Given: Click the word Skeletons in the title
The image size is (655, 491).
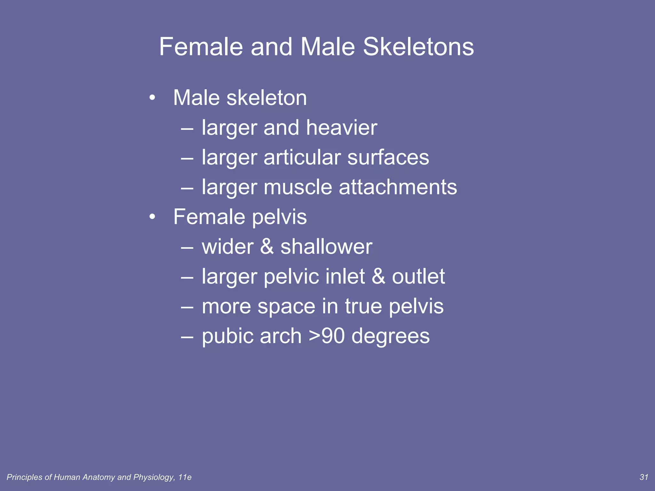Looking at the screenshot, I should pyautogui.click(x=418, y=47).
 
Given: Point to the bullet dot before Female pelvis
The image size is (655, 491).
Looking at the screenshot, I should pyautogui.click(x=152, y=217).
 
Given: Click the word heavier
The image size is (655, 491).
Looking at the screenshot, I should pyautogui.click(x=342, y=128).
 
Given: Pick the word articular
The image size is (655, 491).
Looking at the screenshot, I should pyautogui.click(x=302, y=158).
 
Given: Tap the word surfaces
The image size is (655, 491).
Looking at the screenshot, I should pyautogui.click(x=388, y=158).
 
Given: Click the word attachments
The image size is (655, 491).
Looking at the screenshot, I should pyautogui.click(x=398, y=187).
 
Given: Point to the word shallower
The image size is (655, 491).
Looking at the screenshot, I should pyautogui.click(x=326, y=247).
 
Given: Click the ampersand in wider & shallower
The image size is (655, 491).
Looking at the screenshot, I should pyautogui.click(x=267, y=247).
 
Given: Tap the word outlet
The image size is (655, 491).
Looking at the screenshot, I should pyautogui.click(x=418, y=277).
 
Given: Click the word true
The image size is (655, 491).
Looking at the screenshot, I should pyautogui.click(x=363, y=306).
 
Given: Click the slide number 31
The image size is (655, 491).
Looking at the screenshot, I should pyautogui.click(x=643, y=477).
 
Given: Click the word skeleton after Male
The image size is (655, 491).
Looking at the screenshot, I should pyautogui.click(x=267, y=98).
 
